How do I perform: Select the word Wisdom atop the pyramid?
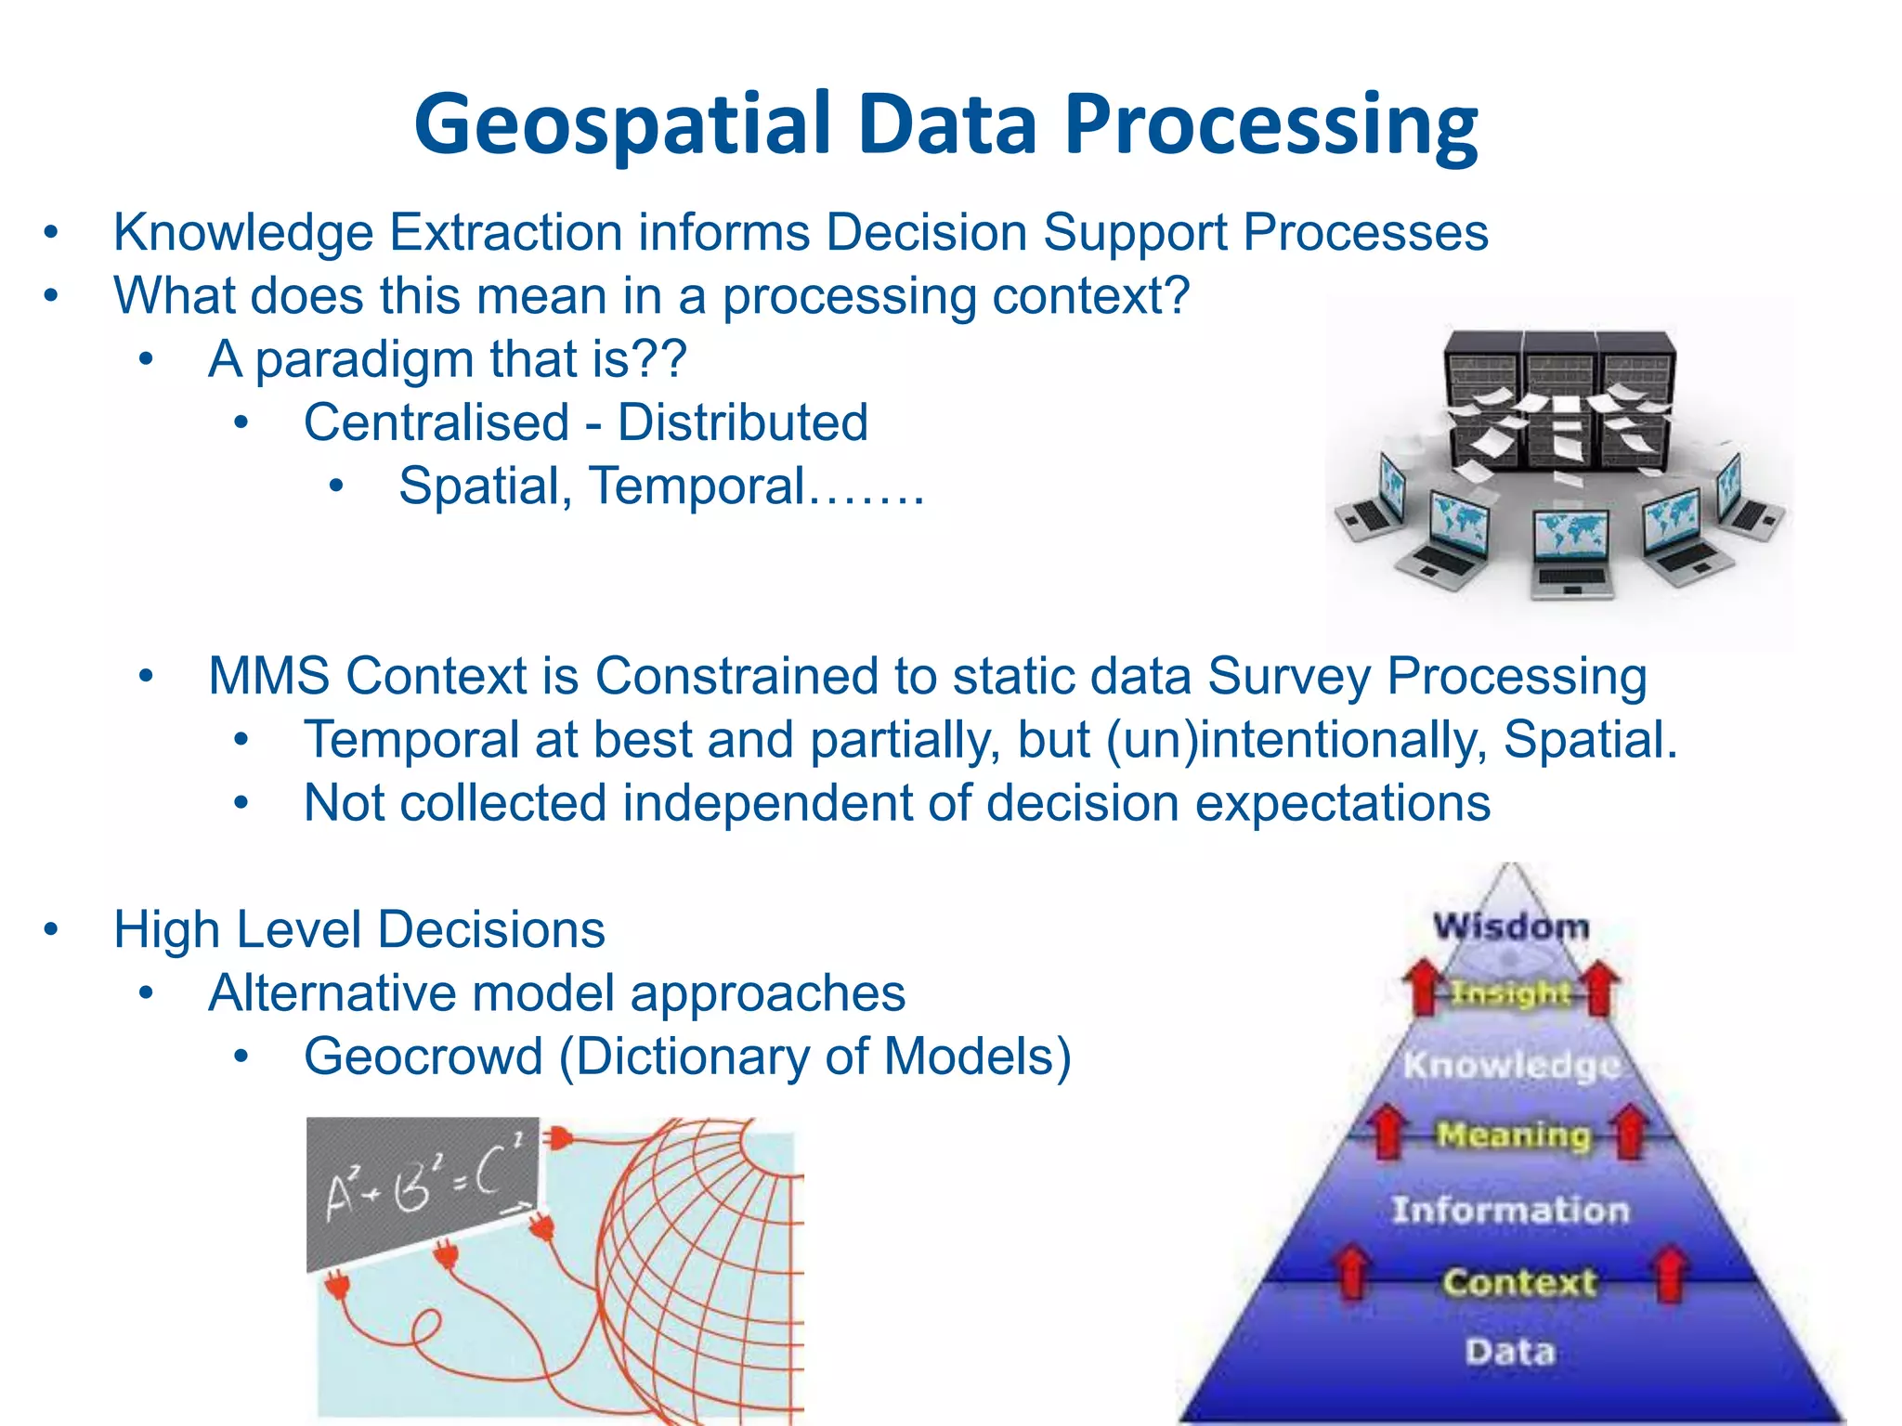click(x=1511, y=927)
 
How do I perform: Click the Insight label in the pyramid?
click(x=1511, y=993)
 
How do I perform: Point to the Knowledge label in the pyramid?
click(x=1511, y=1065)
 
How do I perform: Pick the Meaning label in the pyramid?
click(x=1514, y=1134)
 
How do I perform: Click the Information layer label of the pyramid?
click(x=1511, y=1210)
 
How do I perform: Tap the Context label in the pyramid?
click(x=1519, y=1282)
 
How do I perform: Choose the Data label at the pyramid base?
click(x=1511, y=1351)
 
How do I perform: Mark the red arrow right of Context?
click(x=1670, y=1274)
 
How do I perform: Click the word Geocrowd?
click(x=423, y=1057)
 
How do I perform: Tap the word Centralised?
click(x=436, y=422)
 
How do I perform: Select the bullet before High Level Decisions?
click(x=51, y=928)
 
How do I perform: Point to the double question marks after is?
click(x=658, y=358)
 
